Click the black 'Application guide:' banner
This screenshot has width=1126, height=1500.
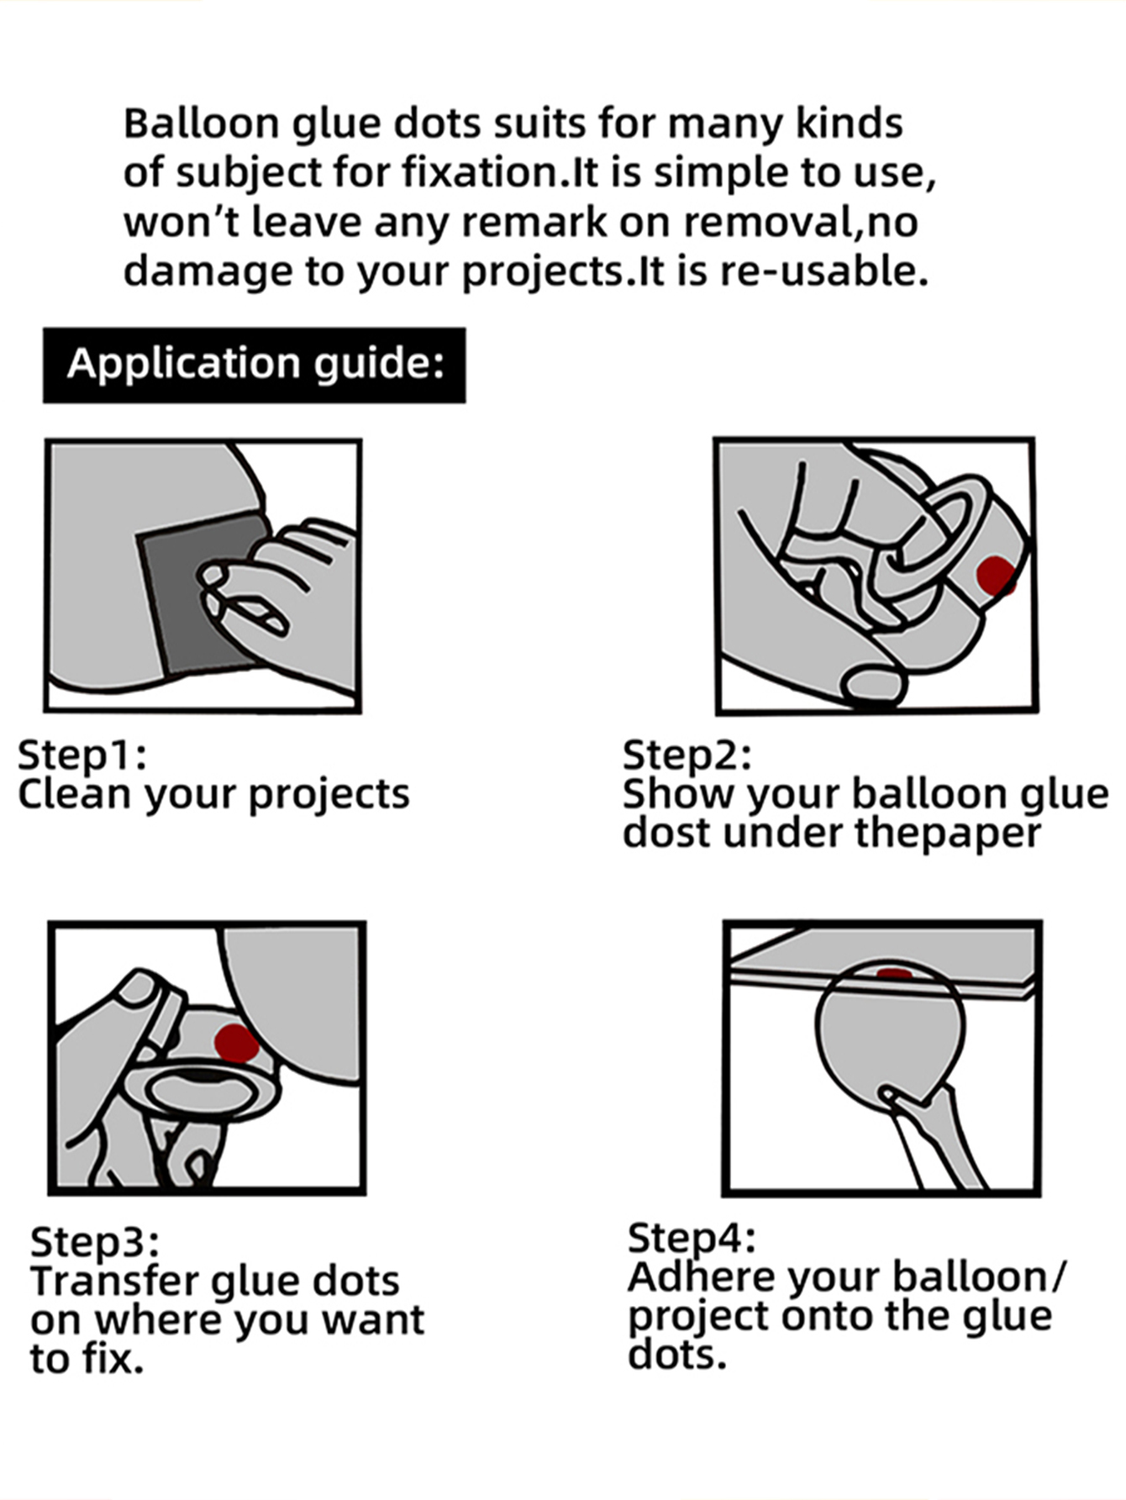254,365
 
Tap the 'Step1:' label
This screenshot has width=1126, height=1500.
82,755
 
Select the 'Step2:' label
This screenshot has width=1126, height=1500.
687,755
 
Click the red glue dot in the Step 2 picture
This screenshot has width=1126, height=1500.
996,576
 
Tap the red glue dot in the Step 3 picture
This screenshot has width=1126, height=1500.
236,1043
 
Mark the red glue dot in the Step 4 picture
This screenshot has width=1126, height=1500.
894,974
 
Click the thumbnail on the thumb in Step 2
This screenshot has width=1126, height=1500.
874,684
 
